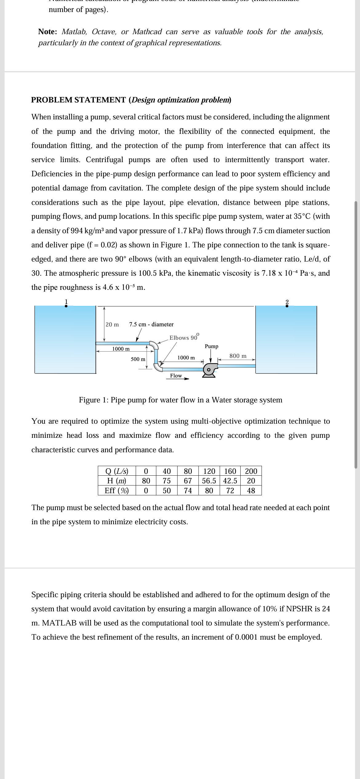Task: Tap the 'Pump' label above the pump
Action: pyautogui.click(x=211, y=346)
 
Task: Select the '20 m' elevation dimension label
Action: pyautogui.click(x=112, y=325)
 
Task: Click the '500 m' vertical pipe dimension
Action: pyautogui.click(x=138, y=359)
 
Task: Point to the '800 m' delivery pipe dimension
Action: pyautogui.click(x=238, y=356)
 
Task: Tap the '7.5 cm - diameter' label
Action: pyautogui.click(x=151, y=324)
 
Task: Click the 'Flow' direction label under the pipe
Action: pyautogui.click(x=176, y=376)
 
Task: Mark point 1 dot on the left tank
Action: pyautogui.click(x=66, y=306)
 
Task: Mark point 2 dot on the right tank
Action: pyautogui.click(x=287, y=306)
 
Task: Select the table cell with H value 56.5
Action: pyautogui.click(x=209, y=481)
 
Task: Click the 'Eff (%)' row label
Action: pyautogui.click(x=117, y=490)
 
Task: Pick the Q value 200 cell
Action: pyautogui.click(x=251, y=471)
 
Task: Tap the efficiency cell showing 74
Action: pyautogui.click(x=188, y=490)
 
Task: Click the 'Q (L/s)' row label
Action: pyautogui.click(x=117, y=471)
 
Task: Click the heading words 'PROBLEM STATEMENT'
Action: pyautogui.click(x=78, y=100)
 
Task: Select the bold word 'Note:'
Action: pyautogui.click(x=47, y=32)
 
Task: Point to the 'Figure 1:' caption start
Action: pyautogui.click(x=94, y=400)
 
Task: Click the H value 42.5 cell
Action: pyautogui.click(x=230, y=481)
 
